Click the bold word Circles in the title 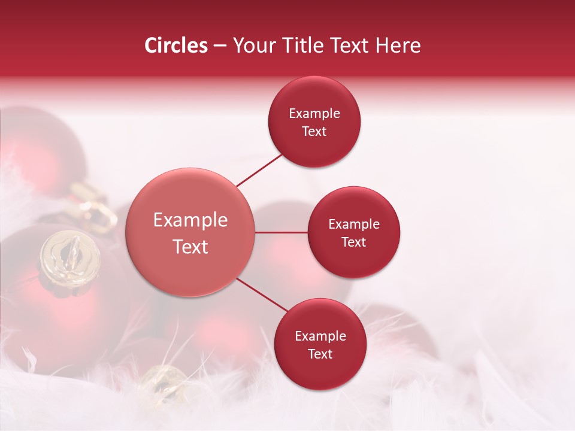176,45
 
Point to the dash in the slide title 220,46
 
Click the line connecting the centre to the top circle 259,171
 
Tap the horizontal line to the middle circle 281,232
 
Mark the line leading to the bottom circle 262,295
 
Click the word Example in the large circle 190,220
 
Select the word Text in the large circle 190,247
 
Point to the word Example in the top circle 314,114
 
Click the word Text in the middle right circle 353,242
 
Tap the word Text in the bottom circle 320,354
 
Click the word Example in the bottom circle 320,336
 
